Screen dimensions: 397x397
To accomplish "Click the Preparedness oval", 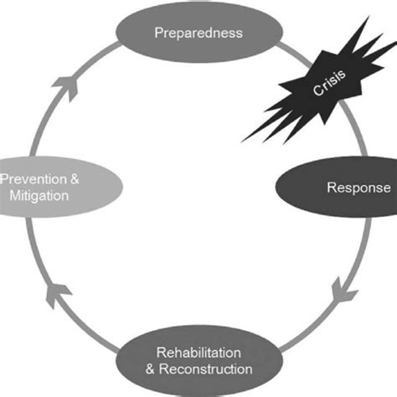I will pyautogui.click(x=198, y=34).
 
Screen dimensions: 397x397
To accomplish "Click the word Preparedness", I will pyautogui.click(x=198, y=34).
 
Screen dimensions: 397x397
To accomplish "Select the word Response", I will pyautogui.click(x=358, y=188).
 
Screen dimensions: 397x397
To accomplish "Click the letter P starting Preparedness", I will pyautogui.click(x=159, y=34).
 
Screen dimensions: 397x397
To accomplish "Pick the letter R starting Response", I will pyautogui.click(x=331, y=188).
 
